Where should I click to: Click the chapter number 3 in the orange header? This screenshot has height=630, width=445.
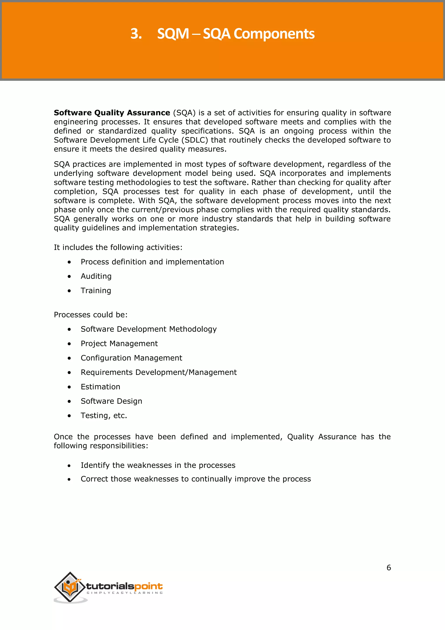(136, 34)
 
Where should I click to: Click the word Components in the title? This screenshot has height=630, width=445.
(274, 34)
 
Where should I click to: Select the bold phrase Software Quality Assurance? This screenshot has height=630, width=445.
(112, 113)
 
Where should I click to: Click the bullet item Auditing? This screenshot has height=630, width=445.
(96, 276)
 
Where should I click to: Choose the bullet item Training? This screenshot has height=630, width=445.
(96, 291)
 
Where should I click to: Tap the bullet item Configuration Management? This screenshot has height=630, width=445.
(131, 358)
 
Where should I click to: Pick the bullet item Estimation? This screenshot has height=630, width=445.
(100, 387)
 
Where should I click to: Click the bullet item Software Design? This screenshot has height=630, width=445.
(111, 401)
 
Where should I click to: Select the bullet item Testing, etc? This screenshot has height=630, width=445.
(104, 416)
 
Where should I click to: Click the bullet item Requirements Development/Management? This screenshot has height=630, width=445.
(158, 372)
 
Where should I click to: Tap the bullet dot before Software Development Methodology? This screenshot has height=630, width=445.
(69, 329)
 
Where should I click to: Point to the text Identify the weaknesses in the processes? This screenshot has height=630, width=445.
(158, 465)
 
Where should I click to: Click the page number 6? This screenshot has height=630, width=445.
(389, 567)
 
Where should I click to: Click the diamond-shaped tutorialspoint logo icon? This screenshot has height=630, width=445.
(70, 587)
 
